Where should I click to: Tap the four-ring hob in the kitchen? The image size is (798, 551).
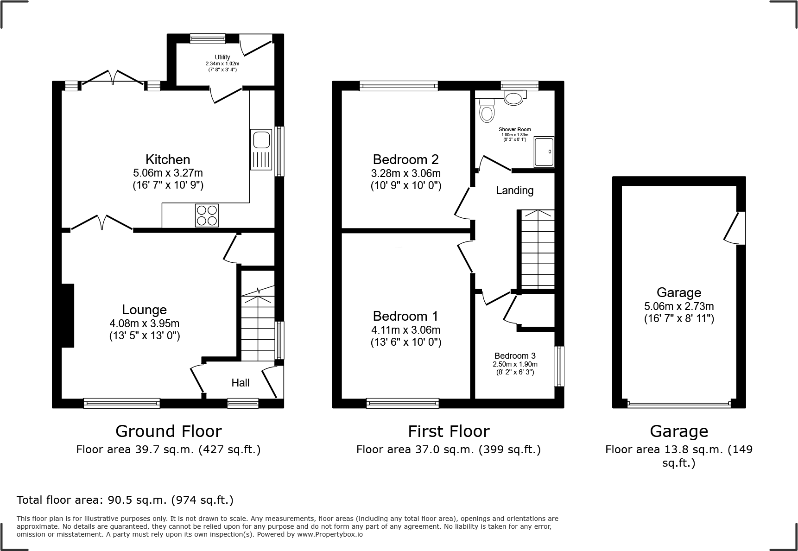207,215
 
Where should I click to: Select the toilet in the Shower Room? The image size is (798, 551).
487,111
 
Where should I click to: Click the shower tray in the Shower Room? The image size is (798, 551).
544,152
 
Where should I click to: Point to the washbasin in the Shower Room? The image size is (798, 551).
513,98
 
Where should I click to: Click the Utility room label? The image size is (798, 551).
222,57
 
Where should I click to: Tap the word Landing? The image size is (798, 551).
514,190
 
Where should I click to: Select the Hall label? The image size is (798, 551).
240,383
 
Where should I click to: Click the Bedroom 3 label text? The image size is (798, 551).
515,356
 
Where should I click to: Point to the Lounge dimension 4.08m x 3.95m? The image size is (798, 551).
145,323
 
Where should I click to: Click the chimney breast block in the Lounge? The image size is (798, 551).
68,316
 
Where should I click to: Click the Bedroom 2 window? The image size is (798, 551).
399,86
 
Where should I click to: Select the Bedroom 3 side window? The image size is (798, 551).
559,366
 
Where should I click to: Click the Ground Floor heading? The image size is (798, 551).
168,431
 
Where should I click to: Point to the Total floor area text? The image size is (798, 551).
125,500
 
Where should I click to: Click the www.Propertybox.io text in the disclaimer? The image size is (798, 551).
329,534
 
